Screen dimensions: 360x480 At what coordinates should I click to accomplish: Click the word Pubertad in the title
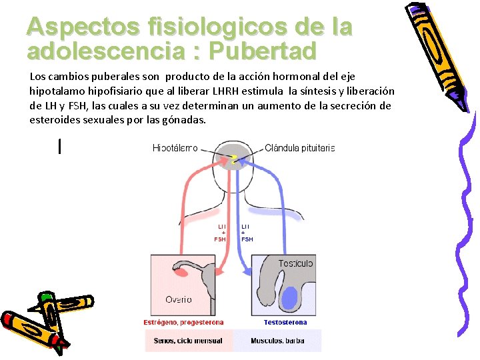(x=263, y=51)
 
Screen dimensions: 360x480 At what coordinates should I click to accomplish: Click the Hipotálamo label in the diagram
(x=175, y=148)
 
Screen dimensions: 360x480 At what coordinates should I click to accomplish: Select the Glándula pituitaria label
(x=300, y=148)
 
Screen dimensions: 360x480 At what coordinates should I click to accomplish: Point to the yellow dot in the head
(x=233, y=158)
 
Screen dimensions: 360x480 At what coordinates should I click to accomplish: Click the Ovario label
(x=179, y=299)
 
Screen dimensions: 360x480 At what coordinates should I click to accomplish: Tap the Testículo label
(x=295, y=263)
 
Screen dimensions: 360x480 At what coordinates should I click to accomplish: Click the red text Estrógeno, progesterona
(x=183, y=323)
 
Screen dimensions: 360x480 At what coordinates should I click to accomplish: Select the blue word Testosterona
(x=285, y=323)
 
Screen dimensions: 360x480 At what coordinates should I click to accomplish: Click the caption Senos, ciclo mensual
(x=187, y=341)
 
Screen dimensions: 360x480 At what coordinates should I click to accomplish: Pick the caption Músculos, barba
(x=277, y=341)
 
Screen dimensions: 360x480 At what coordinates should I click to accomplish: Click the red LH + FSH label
(x=220, y=233)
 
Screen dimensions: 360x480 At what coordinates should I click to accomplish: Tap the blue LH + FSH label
(x=247, y=233)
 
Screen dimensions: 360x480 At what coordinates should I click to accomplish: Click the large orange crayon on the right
(x=437, y=53)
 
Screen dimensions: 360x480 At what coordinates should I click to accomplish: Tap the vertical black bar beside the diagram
(x=60, y=146)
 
